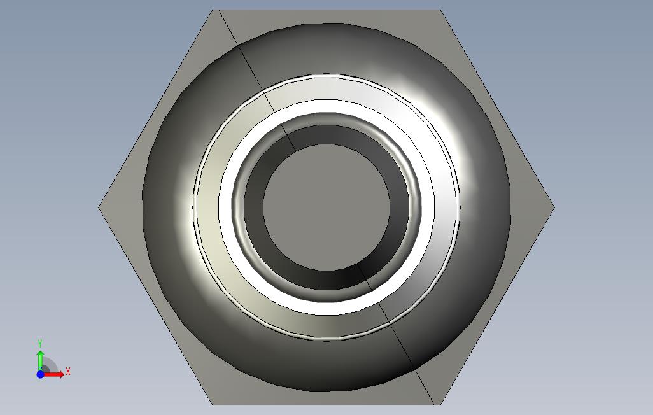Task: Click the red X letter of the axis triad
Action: (x=68, y=371)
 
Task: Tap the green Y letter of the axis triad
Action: (x=40, y=344)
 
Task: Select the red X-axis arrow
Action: (x=55, y=374)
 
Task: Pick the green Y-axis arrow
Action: (x=40, y=359)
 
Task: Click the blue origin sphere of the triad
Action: (x=40, y=374)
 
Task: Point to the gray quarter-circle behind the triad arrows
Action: (x=50, y=366)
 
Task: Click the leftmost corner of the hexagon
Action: (x=99, y=207)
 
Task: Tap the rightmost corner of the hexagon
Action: (x=554, y=207)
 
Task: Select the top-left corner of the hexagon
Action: (x=213, y=10)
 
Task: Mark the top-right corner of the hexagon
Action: (x=440, y=10)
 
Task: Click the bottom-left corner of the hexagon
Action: (x=213, y=405)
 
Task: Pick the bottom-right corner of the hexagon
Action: (x=440, y=405)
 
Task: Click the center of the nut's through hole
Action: (x=326, y=207)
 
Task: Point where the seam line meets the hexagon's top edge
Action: (x=220, y=10)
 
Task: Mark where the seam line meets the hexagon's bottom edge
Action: (x=434, y=405)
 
